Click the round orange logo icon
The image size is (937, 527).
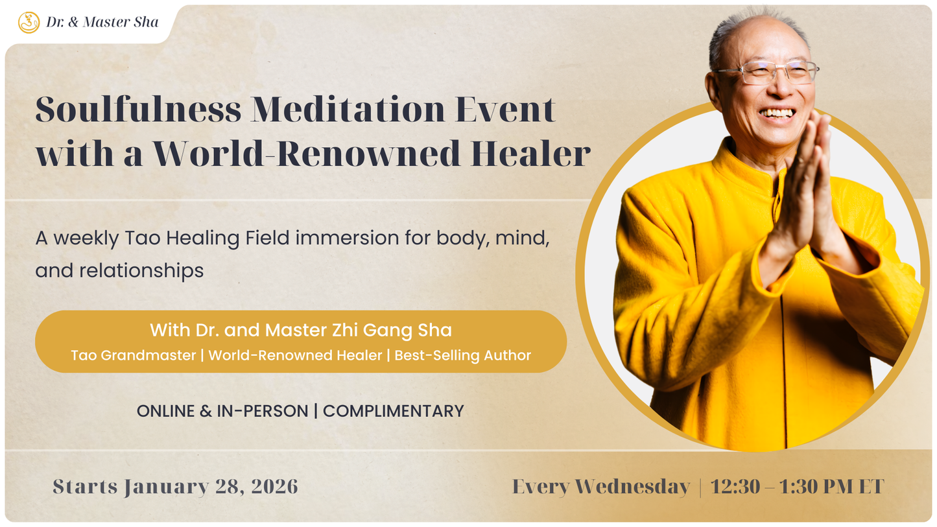[x=29, y=23]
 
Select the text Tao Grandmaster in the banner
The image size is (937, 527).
[x=133, y=355]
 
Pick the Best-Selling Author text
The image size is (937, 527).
[x=462, y=355]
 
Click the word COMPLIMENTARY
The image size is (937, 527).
[x=393, y=411]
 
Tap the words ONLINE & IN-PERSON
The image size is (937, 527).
[x=222, y=411]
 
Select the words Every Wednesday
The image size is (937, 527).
[x=600, y=486]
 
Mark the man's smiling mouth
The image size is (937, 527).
[x=777, y=113]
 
